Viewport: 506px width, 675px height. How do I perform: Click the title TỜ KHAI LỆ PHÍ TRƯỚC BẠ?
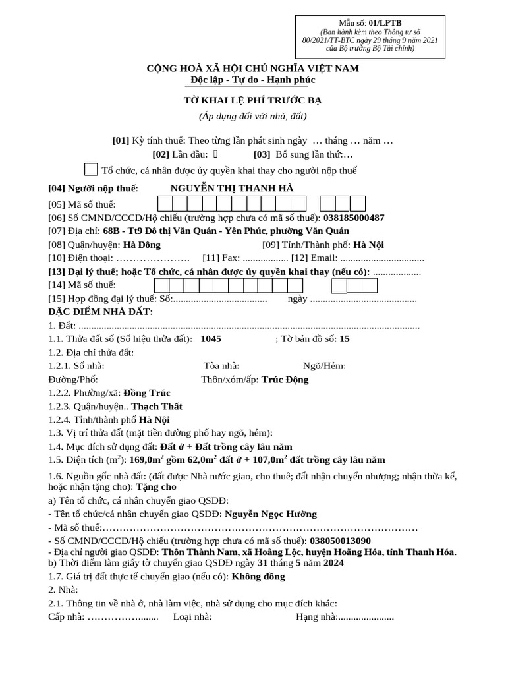tap(252, 100)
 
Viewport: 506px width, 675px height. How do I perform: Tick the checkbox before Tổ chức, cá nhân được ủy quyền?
tap(92, 170)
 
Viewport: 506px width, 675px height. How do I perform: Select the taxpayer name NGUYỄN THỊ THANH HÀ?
tap(232, 189)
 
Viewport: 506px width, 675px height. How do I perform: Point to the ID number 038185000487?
tap(354, 218)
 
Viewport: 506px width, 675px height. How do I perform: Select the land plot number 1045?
tap(211, 339)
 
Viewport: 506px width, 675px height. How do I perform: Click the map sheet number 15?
tap(345, 339)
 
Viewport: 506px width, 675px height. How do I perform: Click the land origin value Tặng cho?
tap(156, 488)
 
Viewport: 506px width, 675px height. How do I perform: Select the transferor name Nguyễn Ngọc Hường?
tap(271, 514)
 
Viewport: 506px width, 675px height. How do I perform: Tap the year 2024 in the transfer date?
tap(333, 563)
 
